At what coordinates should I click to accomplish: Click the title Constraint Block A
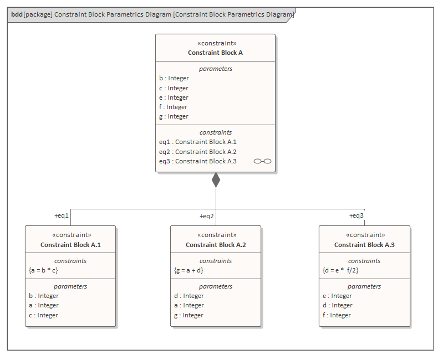(215, 53)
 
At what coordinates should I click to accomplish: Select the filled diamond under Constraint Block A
(216, 180)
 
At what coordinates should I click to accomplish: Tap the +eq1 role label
(61, 216)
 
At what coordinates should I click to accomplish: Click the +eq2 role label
(207, 216)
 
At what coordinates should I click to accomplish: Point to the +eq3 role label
(357, 216)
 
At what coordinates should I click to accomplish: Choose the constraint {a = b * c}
(43, 270)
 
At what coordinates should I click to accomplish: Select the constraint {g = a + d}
(189, 270)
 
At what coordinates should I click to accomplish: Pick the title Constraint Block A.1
(70, 245)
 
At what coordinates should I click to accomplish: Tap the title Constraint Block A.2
(216, 245)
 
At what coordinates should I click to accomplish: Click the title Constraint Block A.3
(364, 245)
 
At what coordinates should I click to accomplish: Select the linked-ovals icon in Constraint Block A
(262, 161)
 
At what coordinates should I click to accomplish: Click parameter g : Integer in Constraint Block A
(174, 116)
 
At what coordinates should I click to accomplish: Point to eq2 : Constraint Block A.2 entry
(198, 152)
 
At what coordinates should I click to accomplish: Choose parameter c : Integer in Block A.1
(44, 315)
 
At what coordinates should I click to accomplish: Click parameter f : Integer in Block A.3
(337, 315)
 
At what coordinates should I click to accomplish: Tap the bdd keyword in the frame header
(17, 14)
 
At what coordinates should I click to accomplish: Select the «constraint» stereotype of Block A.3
(364, 235)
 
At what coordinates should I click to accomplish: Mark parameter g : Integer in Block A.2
(189, 315)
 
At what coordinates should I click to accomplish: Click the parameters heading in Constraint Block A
(216, 69)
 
